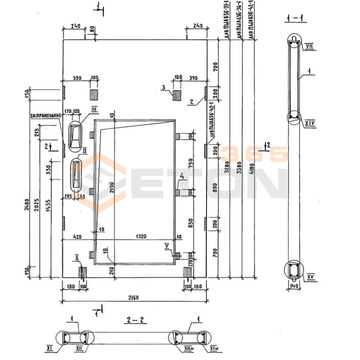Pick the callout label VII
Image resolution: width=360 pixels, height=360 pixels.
(309, 46)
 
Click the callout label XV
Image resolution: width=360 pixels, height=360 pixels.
(310, 277)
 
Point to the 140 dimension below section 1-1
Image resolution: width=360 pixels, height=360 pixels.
(294, 286)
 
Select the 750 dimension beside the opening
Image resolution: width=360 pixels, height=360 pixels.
(191, 163)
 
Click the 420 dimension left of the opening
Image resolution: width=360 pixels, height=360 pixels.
(77, 235)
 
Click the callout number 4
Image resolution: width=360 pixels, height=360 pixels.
(181, 176)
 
